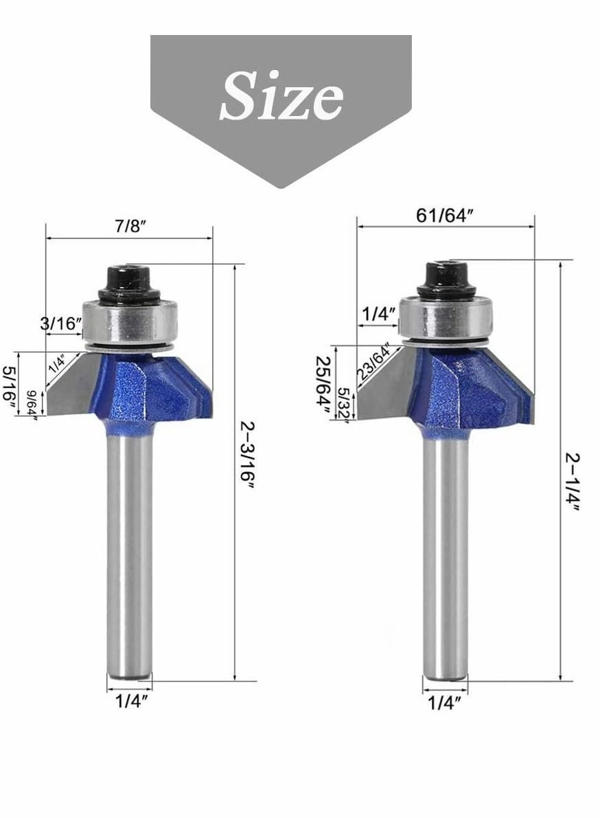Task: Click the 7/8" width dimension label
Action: point(131,227)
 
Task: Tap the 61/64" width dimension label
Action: point(446,215)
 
